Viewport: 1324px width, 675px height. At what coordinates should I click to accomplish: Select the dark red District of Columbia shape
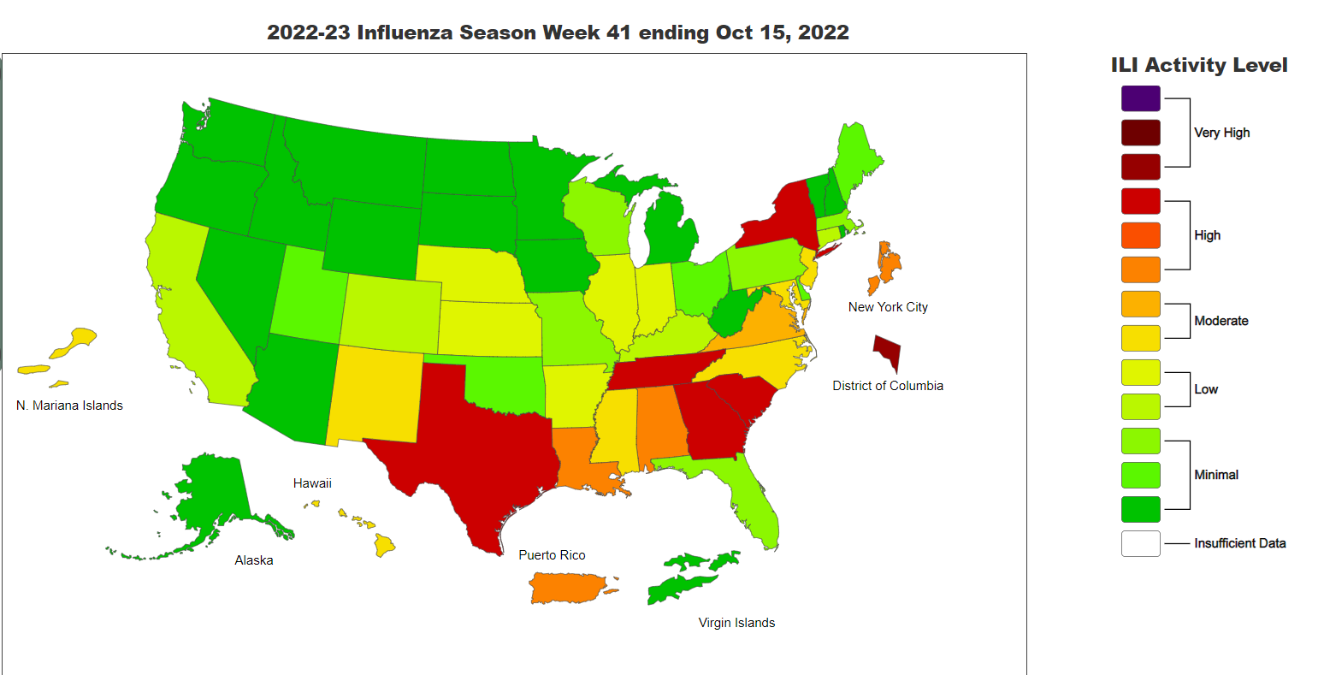pos(887,350)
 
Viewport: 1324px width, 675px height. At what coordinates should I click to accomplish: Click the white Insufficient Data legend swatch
pos(1140,543)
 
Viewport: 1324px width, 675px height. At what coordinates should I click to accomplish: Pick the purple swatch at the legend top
pos(1140,98)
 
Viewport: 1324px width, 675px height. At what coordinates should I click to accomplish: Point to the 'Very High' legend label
pos(1221,133)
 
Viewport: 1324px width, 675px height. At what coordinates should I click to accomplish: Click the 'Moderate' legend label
pos(1221,321)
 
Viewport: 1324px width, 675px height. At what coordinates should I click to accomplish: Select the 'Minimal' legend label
pos(1216,475)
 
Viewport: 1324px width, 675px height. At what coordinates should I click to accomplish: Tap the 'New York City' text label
pos(888,307)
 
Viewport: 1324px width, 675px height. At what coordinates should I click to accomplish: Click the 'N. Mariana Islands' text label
pos(69,406)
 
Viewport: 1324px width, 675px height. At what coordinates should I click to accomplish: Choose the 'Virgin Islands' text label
pos(736,623)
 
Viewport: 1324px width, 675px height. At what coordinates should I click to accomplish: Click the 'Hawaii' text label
pos(312,483)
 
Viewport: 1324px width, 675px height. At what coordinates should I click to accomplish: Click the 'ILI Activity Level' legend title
pos(1198,65)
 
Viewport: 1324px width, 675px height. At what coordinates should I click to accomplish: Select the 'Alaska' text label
pos(254,560)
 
